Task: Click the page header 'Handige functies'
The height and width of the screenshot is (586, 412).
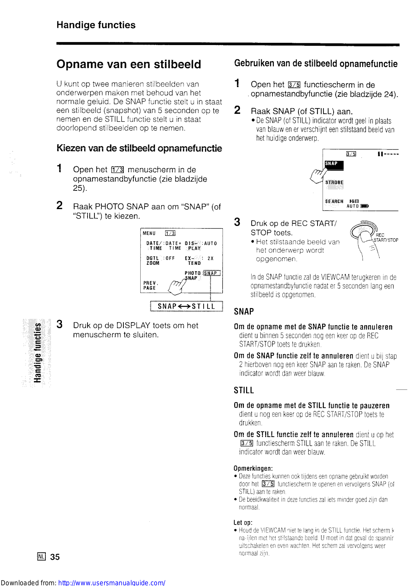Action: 96,25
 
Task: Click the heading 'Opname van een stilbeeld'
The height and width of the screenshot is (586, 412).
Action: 129,64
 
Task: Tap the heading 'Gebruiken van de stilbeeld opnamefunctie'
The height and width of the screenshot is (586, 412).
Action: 316,64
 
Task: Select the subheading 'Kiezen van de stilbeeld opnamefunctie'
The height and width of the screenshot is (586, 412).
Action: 139,148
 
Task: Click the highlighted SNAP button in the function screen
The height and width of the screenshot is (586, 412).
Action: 334,164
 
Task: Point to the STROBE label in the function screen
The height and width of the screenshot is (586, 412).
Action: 334,182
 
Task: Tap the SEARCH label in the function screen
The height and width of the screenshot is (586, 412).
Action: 334,201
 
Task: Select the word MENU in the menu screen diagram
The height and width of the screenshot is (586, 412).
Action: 149,233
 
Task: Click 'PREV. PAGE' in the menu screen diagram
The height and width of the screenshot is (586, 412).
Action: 150,285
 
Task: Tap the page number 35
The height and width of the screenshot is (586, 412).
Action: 55,557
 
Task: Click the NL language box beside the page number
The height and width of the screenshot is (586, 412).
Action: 41,557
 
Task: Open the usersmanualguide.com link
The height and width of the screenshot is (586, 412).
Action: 112,582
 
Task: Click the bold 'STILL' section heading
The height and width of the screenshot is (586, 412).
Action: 244,390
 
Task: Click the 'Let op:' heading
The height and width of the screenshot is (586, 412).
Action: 243,523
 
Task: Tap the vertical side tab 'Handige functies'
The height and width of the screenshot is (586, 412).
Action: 37,352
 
